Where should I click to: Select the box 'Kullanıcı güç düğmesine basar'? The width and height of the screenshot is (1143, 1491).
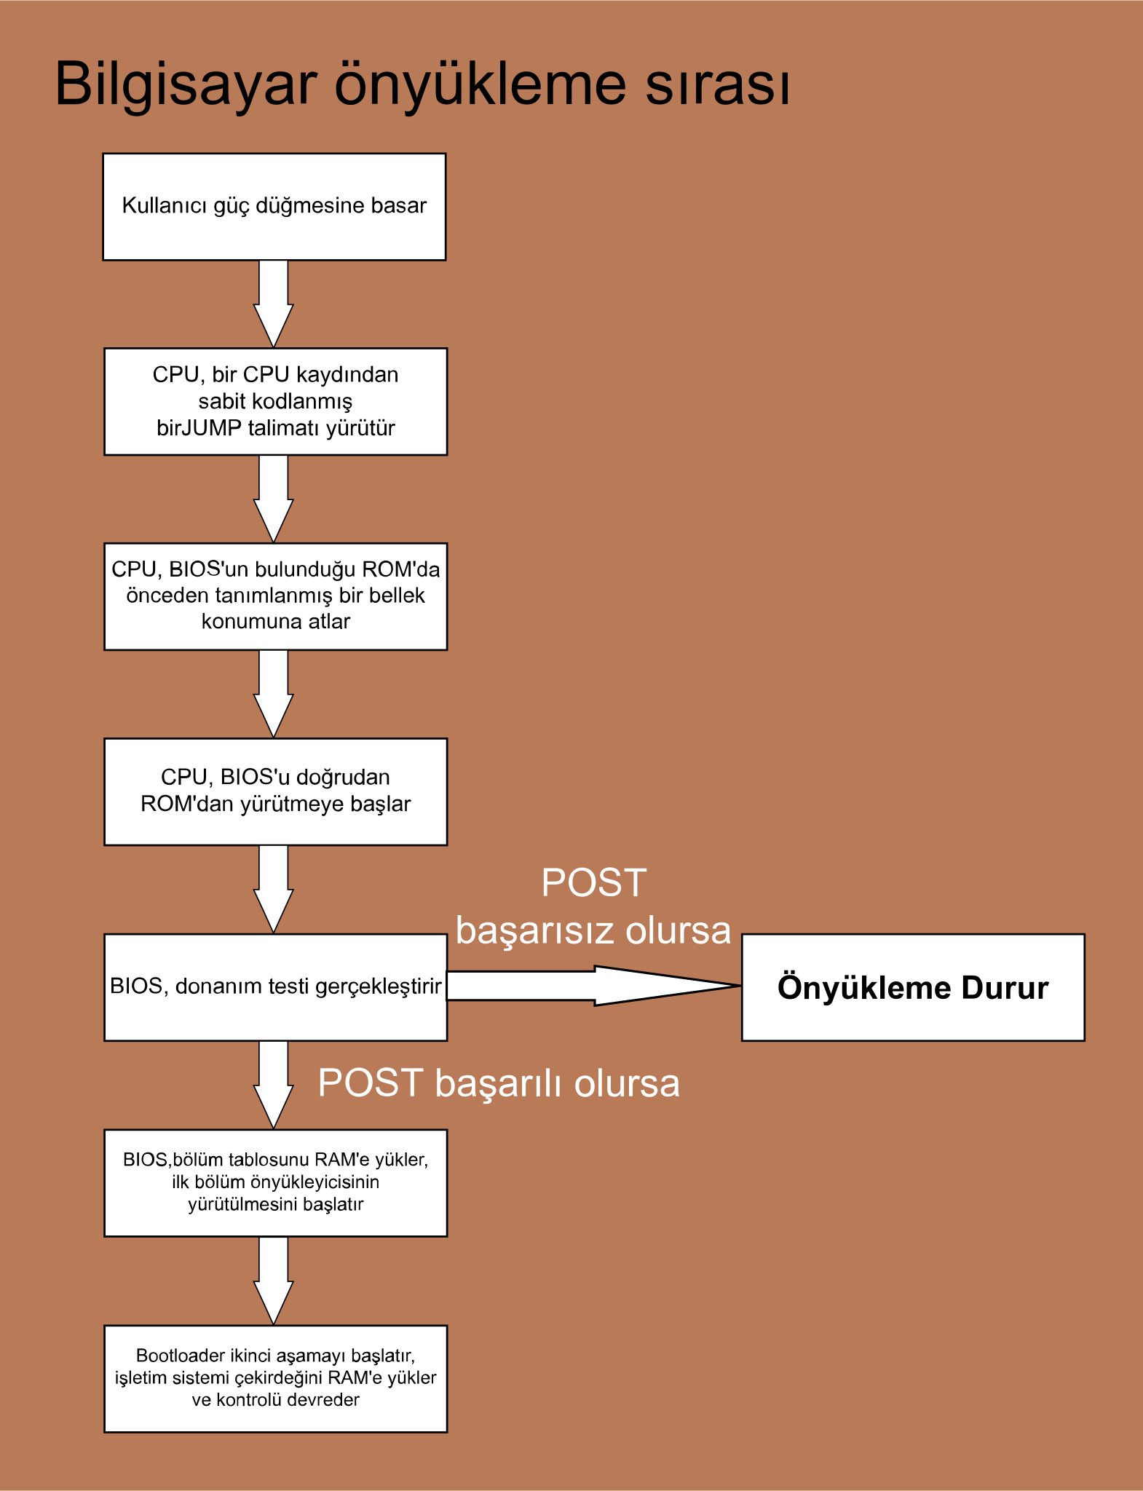pos(274,207)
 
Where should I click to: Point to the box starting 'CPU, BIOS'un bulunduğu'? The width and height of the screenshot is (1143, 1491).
pos(275,596)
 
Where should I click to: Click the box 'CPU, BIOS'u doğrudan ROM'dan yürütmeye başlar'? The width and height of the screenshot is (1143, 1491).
pos(275,791)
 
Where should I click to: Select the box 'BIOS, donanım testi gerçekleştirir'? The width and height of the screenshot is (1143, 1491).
pos(275,987)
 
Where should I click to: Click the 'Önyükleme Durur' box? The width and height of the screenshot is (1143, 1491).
pos(913,987)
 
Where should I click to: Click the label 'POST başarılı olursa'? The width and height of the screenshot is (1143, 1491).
pos(499,1083)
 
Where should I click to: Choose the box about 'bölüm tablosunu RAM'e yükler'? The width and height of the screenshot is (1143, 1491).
pos(275,1182)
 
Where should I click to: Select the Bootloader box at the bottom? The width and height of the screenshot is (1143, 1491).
pos(275,1378)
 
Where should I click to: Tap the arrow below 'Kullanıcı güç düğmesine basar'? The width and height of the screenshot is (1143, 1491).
pos(273,302)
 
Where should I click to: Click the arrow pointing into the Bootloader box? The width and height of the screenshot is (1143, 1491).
pos(273,1279)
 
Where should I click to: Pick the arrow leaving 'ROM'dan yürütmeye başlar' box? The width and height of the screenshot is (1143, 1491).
pos(273,888)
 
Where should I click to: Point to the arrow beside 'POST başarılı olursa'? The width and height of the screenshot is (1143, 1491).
pos(273,1083)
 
